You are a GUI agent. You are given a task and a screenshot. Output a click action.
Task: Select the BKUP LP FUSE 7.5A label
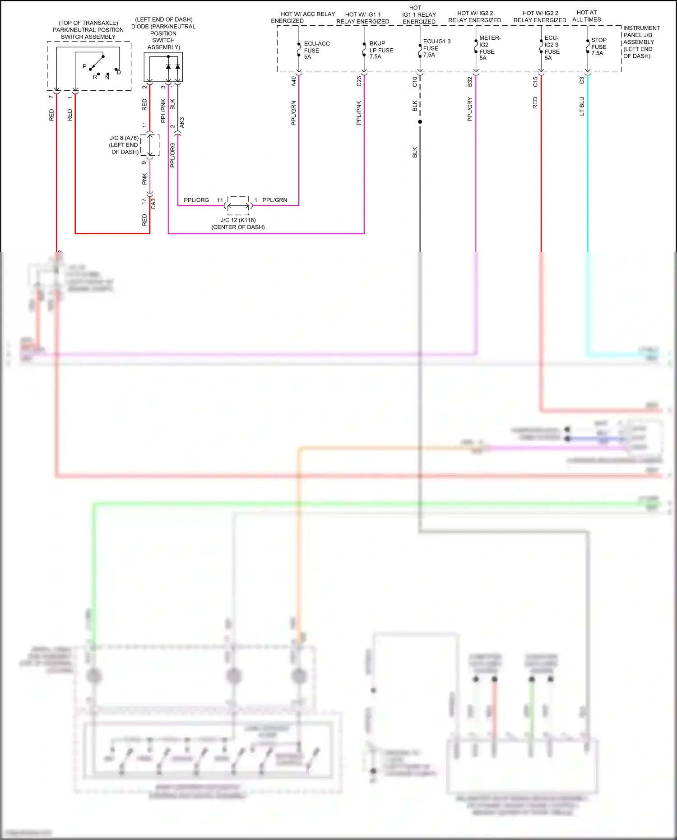click(380, 50)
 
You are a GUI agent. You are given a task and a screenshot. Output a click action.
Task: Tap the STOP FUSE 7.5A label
click(598, 46)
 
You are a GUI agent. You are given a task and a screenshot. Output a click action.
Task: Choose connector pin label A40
click(293, 81)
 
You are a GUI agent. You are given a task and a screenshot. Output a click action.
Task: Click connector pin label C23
click(359, 81)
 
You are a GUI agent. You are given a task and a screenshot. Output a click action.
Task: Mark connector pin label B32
click(470, 82)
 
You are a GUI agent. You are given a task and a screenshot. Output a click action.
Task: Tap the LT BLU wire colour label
click(582, 106)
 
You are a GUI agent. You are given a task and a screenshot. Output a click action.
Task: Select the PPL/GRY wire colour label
click(470, 109)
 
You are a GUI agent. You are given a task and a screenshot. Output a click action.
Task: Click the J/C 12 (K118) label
click(238, 220)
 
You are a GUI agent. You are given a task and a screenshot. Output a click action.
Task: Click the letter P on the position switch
click(84, 66)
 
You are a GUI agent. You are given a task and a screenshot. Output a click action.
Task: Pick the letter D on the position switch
click(119, 72)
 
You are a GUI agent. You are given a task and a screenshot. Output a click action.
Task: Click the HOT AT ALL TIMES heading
click(586, 16)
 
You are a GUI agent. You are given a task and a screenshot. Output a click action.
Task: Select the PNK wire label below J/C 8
click(144, 179)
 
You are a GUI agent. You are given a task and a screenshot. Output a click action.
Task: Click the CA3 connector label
click(153, 204)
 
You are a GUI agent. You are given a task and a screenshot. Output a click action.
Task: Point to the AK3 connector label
click(182, 122)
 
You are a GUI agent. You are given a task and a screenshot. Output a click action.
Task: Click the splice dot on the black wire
click(420, 122)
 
